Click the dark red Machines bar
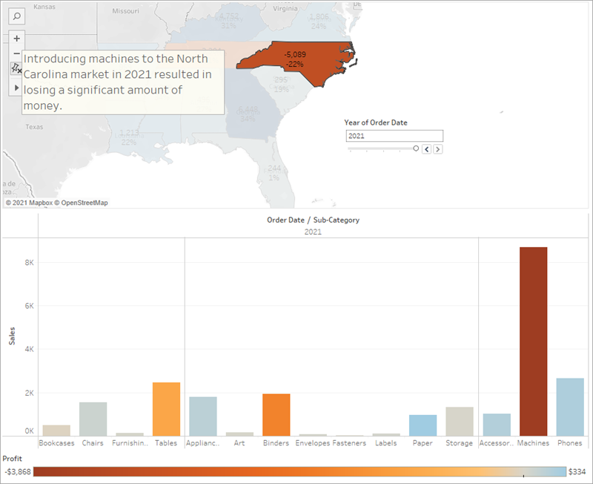534,341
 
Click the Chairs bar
93,419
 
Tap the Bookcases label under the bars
56,443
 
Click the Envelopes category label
312,443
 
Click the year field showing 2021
394,136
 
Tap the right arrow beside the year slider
438,149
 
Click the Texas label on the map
34,127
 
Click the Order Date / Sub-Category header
313,220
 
